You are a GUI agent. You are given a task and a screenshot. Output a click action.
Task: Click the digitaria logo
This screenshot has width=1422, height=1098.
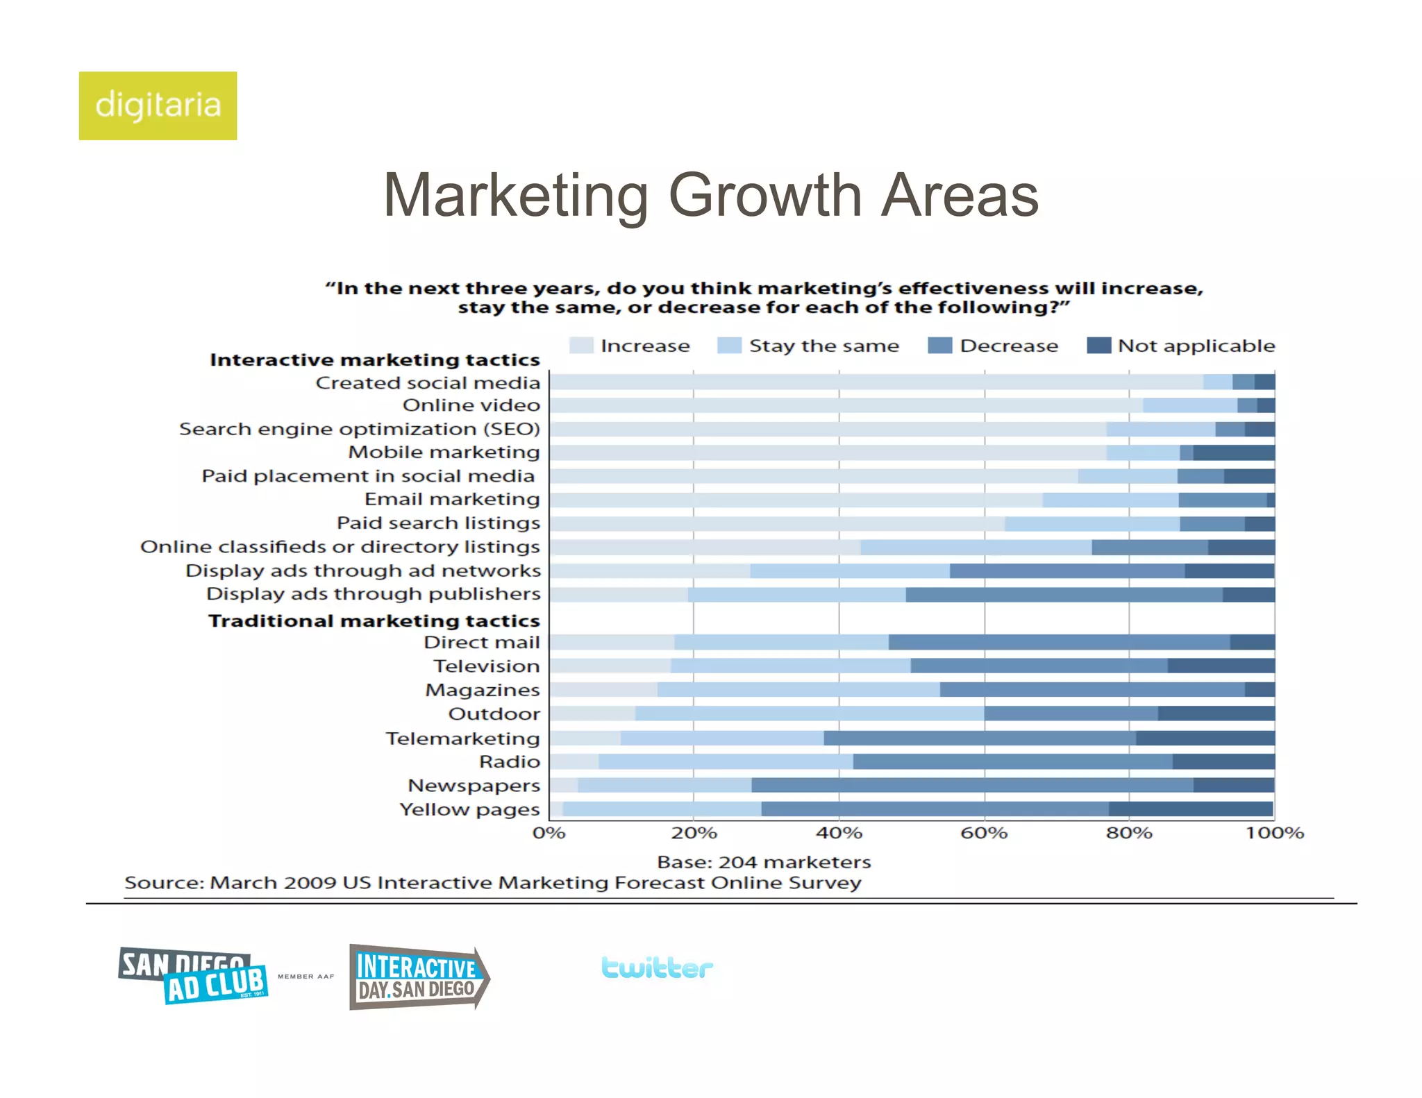pyautogui.click(x=158, y=105)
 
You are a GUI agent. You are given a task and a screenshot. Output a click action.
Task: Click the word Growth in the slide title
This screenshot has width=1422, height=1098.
pyautogui.click(x=764, y=196)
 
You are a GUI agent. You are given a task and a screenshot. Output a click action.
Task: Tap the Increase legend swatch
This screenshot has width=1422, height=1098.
pyautogui.click(x=580, y=346)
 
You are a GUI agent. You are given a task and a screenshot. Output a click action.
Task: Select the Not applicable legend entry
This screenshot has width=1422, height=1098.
pyautogui.click(x=1180, y=346)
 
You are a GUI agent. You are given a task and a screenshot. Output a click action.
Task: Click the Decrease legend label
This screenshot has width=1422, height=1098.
pyautogui.click(x=1008, y=346)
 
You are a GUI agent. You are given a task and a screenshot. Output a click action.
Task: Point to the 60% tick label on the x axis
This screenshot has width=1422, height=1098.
pyautogui.click(x=983, y=833)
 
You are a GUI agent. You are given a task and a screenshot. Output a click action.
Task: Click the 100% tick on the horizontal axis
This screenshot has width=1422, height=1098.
pyautogui.click(x=1274, y=833)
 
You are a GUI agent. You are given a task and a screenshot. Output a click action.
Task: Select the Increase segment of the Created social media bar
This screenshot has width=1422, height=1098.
pyautogui.click(x=875, y=382)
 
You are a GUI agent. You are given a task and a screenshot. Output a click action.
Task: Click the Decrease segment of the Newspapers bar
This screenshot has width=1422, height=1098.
pyautogui.click(x=972, y=785)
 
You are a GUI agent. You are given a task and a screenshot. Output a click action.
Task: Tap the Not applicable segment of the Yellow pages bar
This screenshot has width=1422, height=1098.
pyautogui.click(x=1191, y=809)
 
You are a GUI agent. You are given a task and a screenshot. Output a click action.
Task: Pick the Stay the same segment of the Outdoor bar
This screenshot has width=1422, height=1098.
pyautogui.click(x=809, y=713)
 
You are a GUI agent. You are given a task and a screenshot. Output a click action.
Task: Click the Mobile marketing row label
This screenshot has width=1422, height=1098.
pyautogui.click(x=444, y=453)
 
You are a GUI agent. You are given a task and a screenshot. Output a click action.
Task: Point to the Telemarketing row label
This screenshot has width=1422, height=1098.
pyautogui.click(x=462, y=738)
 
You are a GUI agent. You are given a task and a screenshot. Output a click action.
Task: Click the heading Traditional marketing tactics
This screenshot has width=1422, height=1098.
pyautogui.click(x=374, y=620)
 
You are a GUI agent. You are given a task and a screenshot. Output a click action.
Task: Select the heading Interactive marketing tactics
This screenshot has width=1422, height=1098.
pyautogui.click(x=374, y=360)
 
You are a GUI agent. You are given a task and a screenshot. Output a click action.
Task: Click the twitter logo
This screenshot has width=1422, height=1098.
pyautogui.click(x=657, y=968)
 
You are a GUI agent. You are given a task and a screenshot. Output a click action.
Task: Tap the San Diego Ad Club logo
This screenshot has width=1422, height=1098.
pyautogui.click(x=193, y=976)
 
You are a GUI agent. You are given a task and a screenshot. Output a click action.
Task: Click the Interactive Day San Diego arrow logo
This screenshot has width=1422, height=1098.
pyautogui.click(x=419, y=977)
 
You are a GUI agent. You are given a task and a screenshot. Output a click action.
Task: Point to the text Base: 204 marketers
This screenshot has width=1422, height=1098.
pyautogui.click(x=763, y=862)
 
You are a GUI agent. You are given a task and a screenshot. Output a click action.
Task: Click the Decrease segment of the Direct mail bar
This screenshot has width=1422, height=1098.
pyautogui.click(x=1059, y=642)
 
